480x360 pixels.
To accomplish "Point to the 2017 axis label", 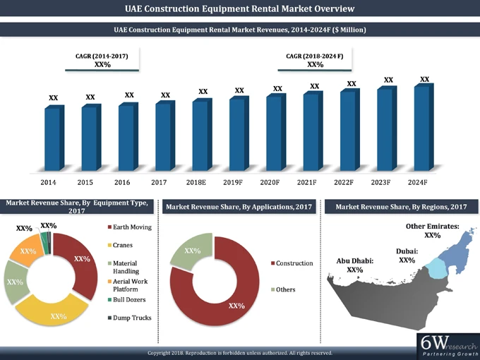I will (x=159, y=183).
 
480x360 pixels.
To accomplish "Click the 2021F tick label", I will (x=306, y=183).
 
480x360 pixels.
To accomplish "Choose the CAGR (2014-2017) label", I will (x=102, y=55).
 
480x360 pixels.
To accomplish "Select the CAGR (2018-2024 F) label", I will (x=314, y=55).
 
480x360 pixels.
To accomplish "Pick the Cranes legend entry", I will (x=123, y=245).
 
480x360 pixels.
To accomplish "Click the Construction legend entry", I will (x=292, y=263).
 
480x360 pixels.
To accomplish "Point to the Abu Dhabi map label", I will (x=354, y=265).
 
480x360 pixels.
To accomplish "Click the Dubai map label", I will (x=407, y=256).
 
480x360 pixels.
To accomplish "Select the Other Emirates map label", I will (x=433, y=230).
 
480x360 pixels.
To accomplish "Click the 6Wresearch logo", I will (x=445, y=345).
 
